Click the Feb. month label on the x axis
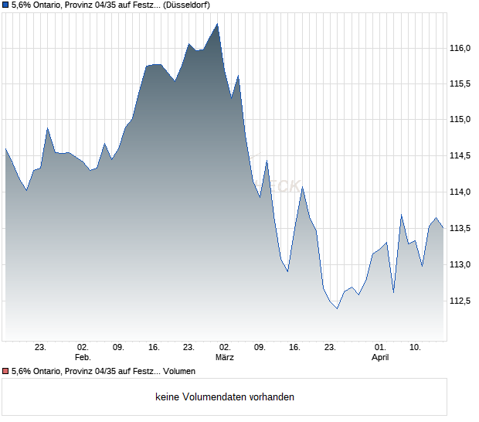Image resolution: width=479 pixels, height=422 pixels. pyautogui.click(x=83, y=358)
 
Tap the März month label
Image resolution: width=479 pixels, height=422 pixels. pyautogui.click(x=225, y=358)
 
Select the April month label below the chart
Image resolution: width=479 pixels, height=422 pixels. pyautogui.click(x=380, y=358)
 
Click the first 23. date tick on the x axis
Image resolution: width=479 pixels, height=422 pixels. pyautogui.click(x=41, y=348)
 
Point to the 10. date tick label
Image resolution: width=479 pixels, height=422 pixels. pyautogui.click(x=415, y=348)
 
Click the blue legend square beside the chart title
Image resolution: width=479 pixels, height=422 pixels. pyautogui.click(x=6, y=5)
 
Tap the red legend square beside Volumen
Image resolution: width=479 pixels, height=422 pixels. pyautogui.click(x=6, y=372)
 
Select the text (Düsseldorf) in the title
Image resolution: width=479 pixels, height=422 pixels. pyautogui.click(x=187, y=5)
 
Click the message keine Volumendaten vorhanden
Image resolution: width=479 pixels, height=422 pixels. pyautogui.click(x=225, y=397)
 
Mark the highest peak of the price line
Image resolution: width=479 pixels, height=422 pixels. pyautogui.click(x=218, y=24)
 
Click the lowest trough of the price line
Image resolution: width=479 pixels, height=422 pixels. pyautogui.click(x=337, y=308)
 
